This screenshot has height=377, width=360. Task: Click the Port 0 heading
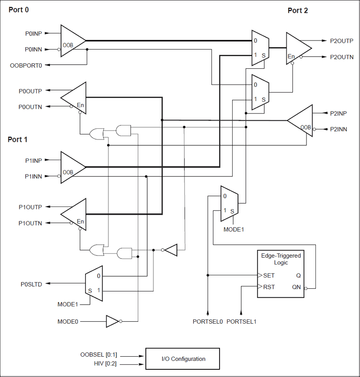click(18, 9)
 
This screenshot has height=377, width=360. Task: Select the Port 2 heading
click(297, 11)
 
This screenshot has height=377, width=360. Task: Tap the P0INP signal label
click(33, 33)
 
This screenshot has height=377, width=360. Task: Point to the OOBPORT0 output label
click(26, 65)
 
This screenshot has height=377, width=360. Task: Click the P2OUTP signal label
click(342, 40)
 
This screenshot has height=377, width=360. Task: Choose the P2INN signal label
click(338, 129)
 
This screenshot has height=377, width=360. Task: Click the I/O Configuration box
click(183, 359)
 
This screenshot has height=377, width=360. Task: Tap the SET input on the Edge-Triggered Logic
click(269, 275)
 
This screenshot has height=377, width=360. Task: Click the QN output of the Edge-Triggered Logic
click(296, 287)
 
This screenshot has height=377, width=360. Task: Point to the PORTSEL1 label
click(241, 322)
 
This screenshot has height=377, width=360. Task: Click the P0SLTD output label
click(31, 284)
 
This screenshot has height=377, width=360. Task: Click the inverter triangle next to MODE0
click(112, 321)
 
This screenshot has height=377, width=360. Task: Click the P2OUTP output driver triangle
click(297, 49)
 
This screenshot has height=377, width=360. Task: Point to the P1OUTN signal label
click(30, 223)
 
